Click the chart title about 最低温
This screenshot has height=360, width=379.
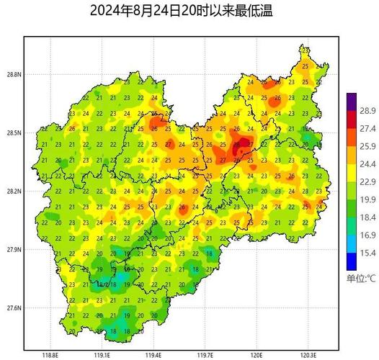tap(182, 12)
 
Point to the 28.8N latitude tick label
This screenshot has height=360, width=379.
tap(13, 74)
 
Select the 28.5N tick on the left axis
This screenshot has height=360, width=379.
tap(13, 133)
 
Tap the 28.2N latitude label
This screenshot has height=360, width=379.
tap(13, 192)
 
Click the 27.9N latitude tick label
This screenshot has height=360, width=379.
tap(13, 250)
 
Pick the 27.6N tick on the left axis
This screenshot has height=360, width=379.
tap(13, 308)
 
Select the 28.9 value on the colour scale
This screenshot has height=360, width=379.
tap(367, 110)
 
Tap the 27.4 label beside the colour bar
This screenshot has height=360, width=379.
tap(367, 128)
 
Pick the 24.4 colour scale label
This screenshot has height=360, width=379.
tap(367, 164)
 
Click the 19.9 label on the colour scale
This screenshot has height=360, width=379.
tap(367, 199)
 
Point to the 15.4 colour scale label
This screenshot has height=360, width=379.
tap(367, 253)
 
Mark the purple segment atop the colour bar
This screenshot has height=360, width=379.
tap(352, 101)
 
